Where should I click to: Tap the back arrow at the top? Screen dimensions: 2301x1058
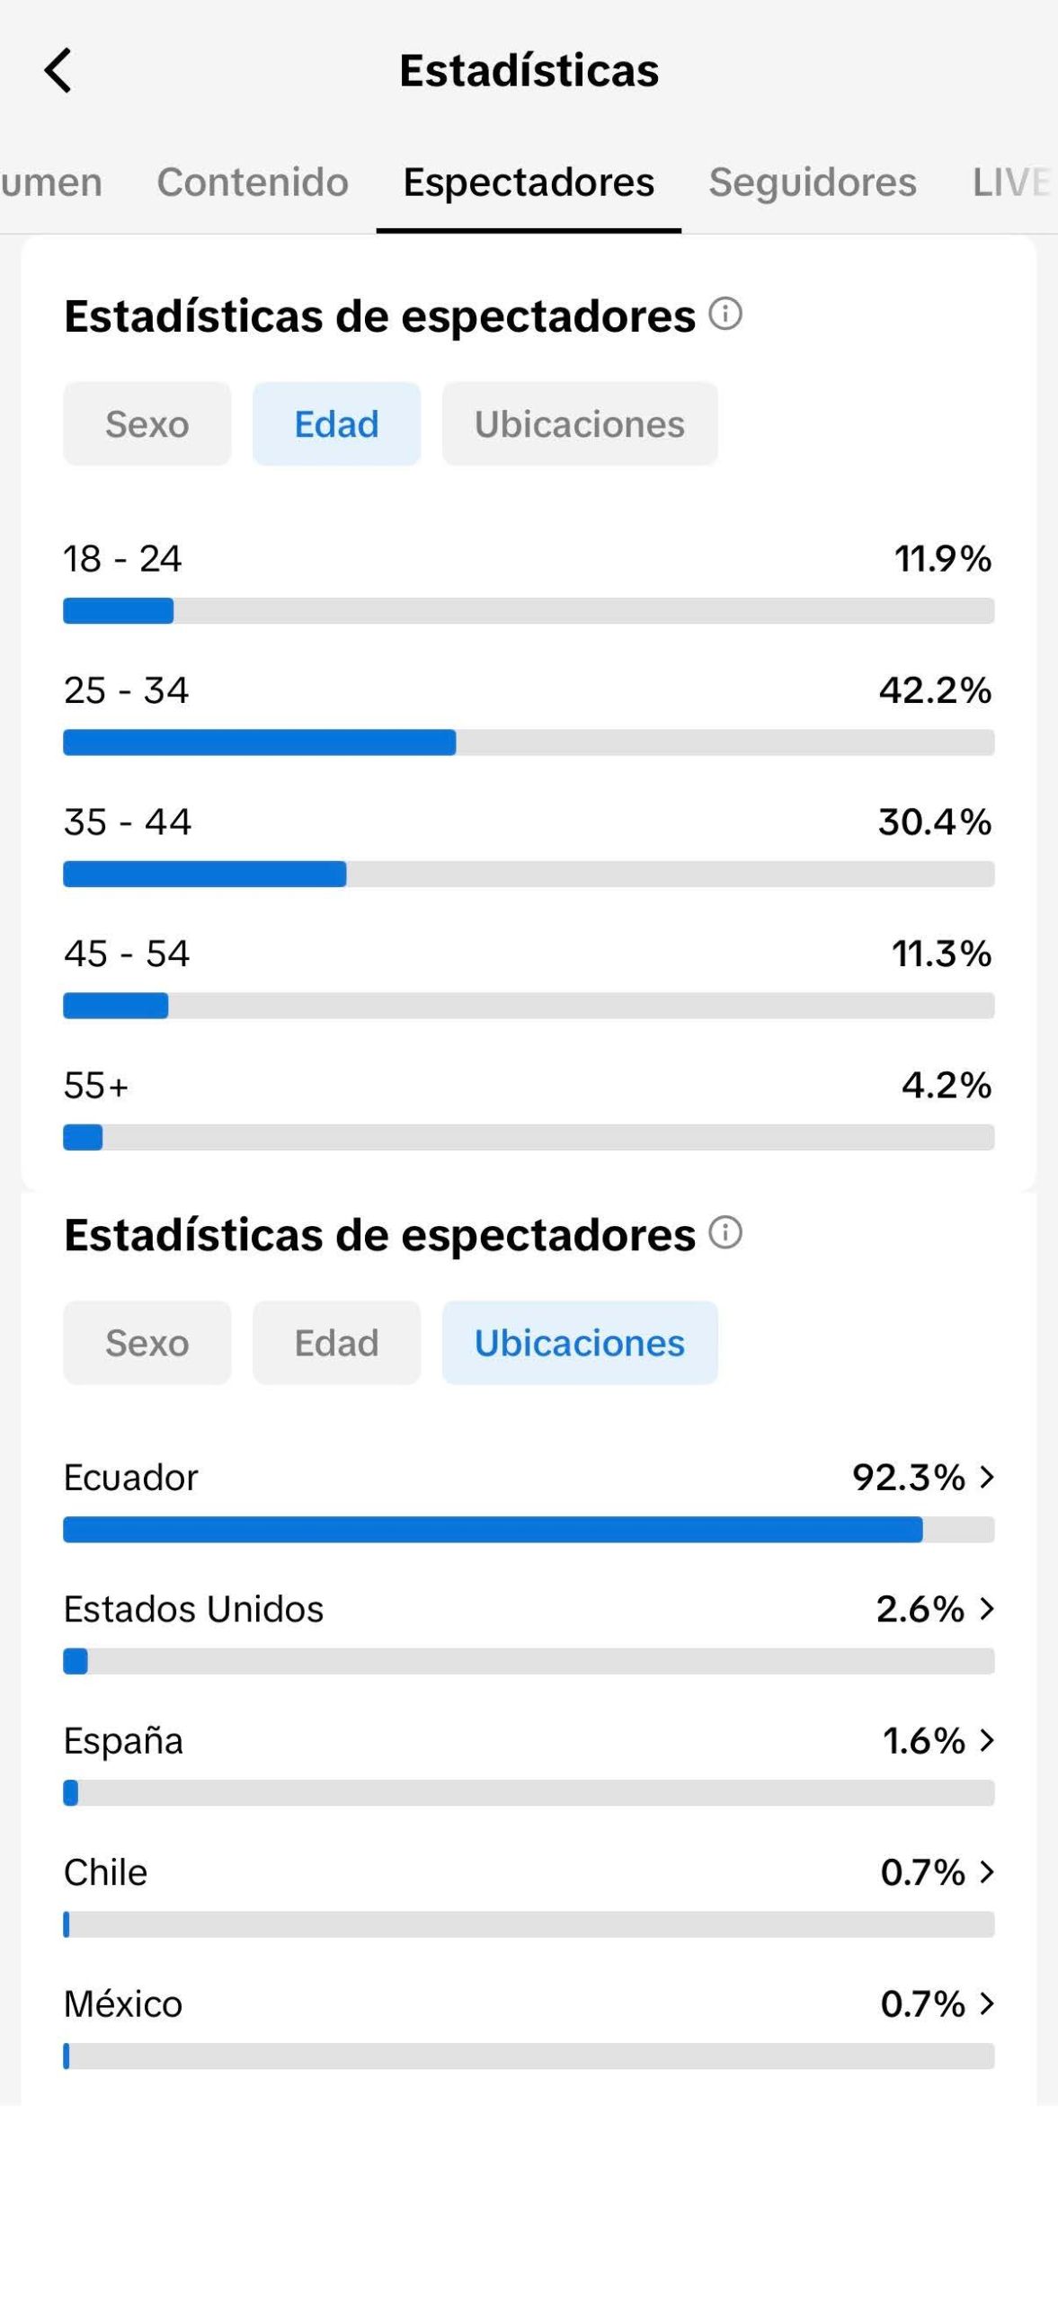tap(58, 70)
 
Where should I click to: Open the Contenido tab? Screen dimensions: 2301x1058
tap(253, 182)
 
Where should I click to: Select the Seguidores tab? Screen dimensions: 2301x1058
tap(812, 182)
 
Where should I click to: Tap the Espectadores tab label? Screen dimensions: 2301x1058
tap(529, 182)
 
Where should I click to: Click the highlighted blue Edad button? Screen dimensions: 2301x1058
tap(336, 424)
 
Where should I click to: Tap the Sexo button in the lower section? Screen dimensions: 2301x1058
tap(147, 1343)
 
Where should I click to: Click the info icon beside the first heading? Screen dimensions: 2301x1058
tap(725, 315)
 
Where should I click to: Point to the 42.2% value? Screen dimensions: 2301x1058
tap(935, 690)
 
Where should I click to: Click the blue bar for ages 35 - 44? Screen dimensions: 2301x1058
tap(205, 875)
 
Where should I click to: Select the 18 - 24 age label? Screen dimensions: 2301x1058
tap(122, 559)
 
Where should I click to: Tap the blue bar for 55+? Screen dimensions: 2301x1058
tap(83, 1137)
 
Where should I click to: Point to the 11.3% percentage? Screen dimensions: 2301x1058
tap(941, 954)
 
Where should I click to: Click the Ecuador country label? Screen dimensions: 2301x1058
tap(130, 1478)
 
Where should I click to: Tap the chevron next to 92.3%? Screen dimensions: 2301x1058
tap(987, 1477)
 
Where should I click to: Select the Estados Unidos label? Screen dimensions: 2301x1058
tap(193, 1609)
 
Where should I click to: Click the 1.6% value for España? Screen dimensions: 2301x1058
tap(923, 1741)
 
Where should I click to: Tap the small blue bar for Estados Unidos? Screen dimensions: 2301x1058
tap(76, 1661)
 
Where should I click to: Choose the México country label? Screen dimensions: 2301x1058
tap(123, 2004)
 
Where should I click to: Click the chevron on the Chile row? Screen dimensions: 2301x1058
tap(987, 1872)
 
